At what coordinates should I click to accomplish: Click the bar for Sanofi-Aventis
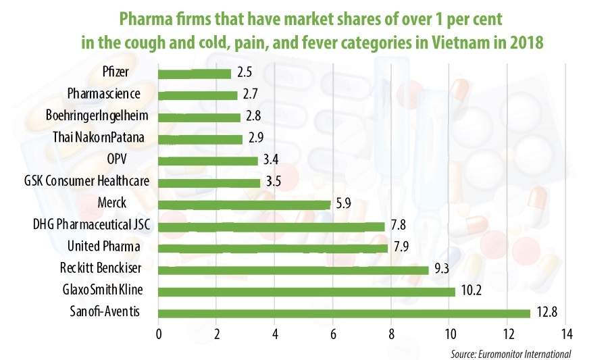345,313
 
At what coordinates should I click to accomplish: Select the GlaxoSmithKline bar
307,291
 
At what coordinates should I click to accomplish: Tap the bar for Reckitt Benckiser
293,269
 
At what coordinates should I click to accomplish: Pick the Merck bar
244,204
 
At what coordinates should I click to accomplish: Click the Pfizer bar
195,73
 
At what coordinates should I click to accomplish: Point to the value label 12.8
546,313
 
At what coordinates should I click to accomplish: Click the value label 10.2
470,291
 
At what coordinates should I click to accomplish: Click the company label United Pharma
111,247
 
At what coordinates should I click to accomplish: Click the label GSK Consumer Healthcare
87,182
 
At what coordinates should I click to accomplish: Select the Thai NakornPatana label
100,138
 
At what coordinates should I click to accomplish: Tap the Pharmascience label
108,95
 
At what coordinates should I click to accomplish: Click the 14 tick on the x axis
565,334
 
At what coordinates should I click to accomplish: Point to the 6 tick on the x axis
333,334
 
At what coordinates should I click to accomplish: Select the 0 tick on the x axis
158,334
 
